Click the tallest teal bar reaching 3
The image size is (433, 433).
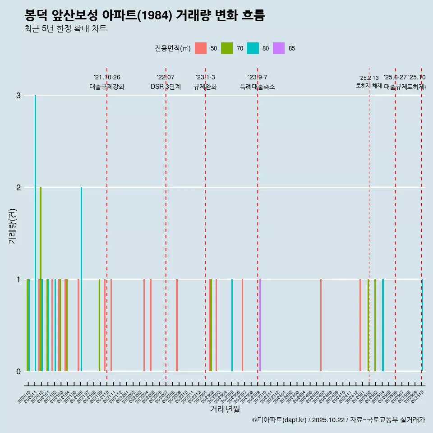pyautogui.click(x=35, y=226)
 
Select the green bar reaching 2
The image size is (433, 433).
pyautogui.click(x=41, y=271)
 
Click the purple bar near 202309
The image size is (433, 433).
pyautogui.click(x=260, y=325)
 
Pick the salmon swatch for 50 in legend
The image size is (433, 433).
pyautogui.click(x=201, y=48)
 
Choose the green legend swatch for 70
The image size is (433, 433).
pyautogui.click(x=227, y=48)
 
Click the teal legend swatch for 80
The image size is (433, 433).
pyautogui.click(x=253, y=48)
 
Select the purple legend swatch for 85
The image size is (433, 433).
pyautogui.click(x=279, y=48)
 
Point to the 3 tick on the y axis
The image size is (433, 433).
pyautogui.click(x=18, y=96)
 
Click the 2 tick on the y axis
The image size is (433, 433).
pyautogui.click(x=18, y=188)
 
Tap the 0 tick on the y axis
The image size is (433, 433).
pyautogui.click(x=18, y=372)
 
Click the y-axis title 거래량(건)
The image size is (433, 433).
pyautogui.click(x=12, y=226)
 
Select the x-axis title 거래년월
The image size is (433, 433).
pyautogui.click(x=225, y=409)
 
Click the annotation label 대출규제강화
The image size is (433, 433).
pyautogui.click(x=107, y=87)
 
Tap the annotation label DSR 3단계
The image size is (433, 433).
pyautogui.click(x=166, y=87)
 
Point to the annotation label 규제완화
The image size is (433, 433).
pyautogui.click(x=205, y=87)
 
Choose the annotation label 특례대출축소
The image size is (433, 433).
pyautogui.click(x=258, y=87)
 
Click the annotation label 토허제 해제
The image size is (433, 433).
pyautogui.click(x=369, y=86)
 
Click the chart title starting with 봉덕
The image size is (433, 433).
pyautogui.click(x=145, y=15)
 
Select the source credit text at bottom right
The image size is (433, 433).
pyautogui.click(x=338, y=420)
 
